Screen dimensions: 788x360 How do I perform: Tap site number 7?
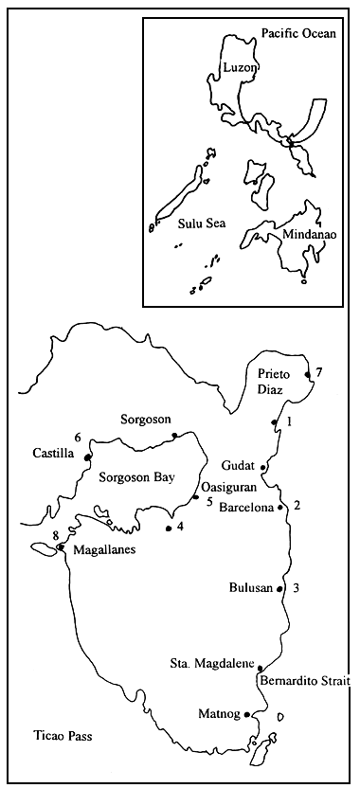point(319,371)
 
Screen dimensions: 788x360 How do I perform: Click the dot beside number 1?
point(274,422)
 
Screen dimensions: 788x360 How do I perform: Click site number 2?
point(297,504)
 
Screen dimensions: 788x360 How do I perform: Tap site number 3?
point(297,588)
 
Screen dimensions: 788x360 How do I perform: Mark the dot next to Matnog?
point(246,714)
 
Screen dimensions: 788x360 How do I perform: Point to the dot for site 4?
point(169,528)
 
